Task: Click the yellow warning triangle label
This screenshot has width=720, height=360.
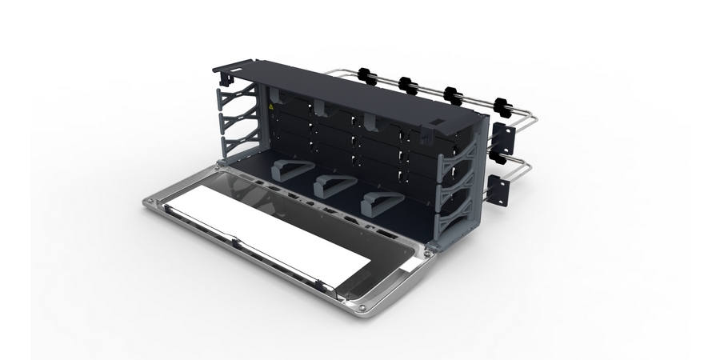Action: tap(272, 106)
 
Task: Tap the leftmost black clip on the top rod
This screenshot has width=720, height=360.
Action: tap(367, 75)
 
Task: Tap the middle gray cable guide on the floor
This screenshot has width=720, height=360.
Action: tap(330, 186)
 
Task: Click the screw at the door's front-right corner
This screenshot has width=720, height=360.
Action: tap(364, 306)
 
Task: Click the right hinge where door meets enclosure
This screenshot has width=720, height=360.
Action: tap(430, 250)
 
